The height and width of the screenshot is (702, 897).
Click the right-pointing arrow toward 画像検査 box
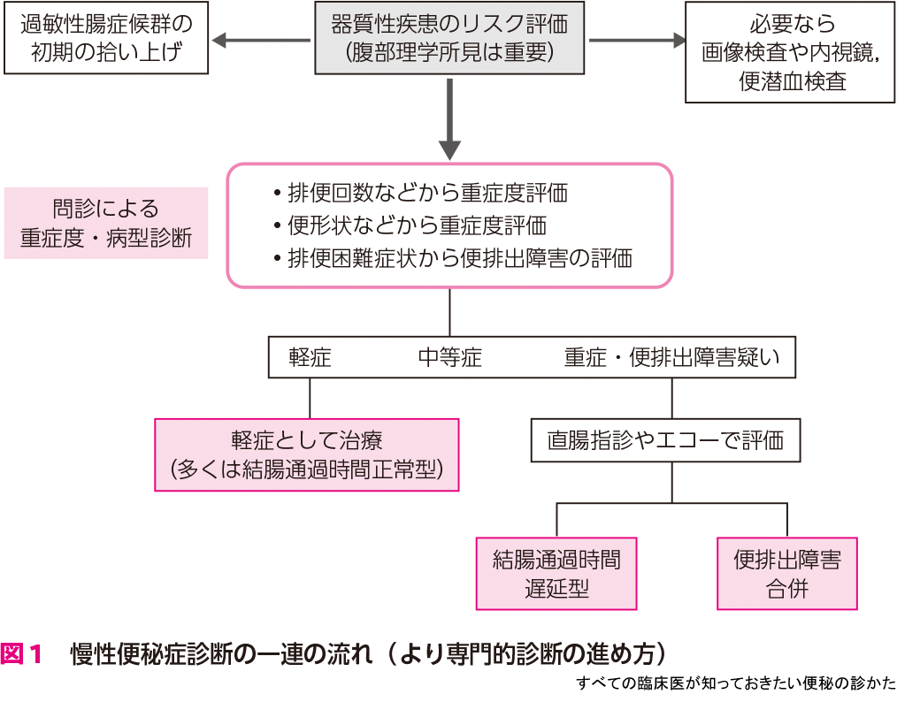coord(637,40)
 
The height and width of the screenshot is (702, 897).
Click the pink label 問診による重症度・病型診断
coord(106,223)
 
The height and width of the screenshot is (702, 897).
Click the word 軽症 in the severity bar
coord(310,358)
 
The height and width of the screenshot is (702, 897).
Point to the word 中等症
coord(450,358)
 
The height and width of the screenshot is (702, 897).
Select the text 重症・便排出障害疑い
coord(672,358)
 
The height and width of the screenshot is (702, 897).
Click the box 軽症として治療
coord(307,454)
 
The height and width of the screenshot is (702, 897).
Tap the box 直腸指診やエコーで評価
coord(665,439)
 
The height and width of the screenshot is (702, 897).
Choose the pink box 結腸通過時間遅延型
coord(556,573)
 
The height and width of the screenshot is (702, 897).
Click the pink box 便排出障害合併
coord(786,573)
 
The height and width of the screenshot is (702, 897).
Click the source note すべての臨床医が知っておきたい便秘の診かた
coord(735,683)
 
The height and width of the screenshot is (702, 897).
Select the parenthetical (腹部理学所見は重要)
coord(450,53)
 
